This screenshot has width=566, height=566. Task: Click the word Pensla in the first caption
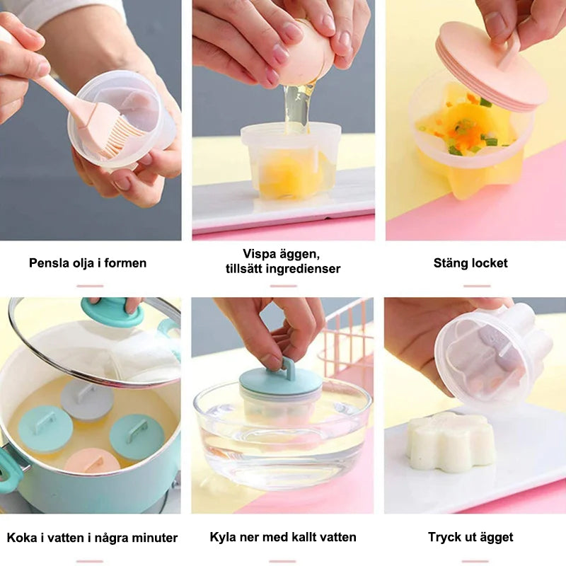pos(49,262)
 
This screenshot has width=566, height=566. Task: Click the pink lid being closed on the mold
pos(491,65)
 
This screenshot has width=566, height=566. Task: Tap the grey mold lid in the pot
pos(87,399)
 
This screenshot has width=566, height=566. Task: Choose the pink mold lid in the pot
pos(92,461)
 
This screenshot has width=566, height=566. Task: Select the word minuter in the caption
pos(154,538)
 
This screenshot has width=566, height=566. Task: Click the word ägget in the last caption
pos(496,538)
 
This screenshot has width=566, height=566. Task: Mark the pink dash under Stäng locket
pos(477,286)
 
